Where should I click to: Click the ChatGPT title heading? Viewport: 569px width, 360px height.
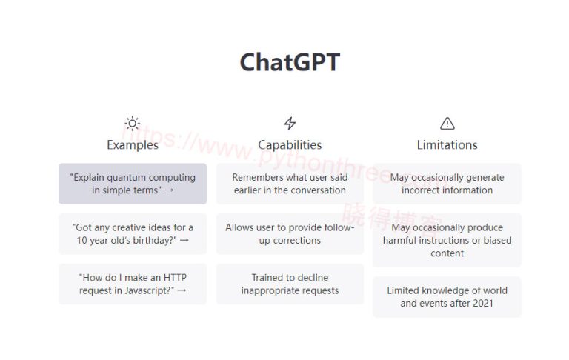290,62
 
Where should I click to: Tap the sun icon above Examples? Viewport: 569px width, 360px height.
132,124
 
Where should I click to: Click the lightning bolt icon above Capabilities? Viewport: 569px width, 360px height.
290,124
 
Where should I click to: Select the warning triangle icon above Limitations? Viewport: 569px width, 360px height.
447,124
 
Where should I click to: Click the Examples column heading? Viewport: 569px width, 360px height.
132,145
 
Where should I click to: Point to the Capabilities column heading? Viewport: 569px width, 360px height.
290,145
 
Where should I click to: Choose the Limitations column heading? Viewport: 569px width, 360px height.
447,145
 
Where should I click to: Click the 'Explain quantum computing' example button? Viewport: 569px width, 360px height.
133,184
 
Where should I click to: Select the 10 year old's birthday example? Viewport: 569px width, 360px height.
133,234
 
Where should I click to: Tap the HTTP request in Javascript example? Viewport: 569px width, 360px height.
133,284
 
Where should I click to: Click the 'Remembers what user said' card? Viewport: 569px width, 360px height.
290,184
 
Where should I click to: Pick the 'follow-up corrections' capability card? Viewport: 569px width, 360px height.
290,234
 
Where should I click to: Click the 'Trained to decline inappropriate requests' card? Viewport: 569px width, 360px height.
290,284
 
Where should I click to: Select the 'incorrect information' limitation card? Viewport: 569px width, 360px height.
447,184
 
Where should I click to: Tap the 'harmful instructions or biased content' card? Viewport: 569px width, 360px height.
447,240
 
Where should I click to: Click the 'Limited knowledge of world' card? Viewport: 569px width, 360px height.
447,297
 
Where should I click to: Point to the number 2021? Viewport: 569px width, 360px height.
481,304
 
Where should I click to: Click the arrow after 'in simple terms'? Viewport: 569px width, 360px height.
169,190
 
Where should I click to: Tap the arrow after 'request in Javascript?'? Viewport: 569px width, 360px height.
181,291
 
